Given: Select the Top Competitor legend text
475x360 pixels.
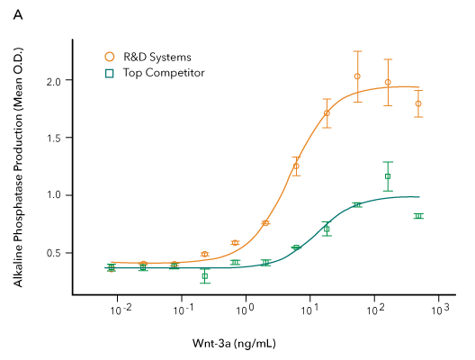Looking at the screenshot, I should pos(164,72).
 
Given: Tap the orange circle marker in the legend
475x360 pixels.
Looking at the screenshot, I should pos(110,57).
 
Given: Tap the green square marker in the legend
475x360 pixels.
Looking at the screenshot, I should pos(110,72).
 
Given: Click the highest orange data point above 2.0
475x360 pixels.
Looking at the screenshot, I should pos(357,76).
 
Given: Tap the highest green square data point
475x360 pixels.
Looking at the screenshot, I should pos(388,176).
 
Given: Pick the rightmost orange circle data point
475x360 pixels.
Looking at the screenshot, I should pos(418,103).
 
